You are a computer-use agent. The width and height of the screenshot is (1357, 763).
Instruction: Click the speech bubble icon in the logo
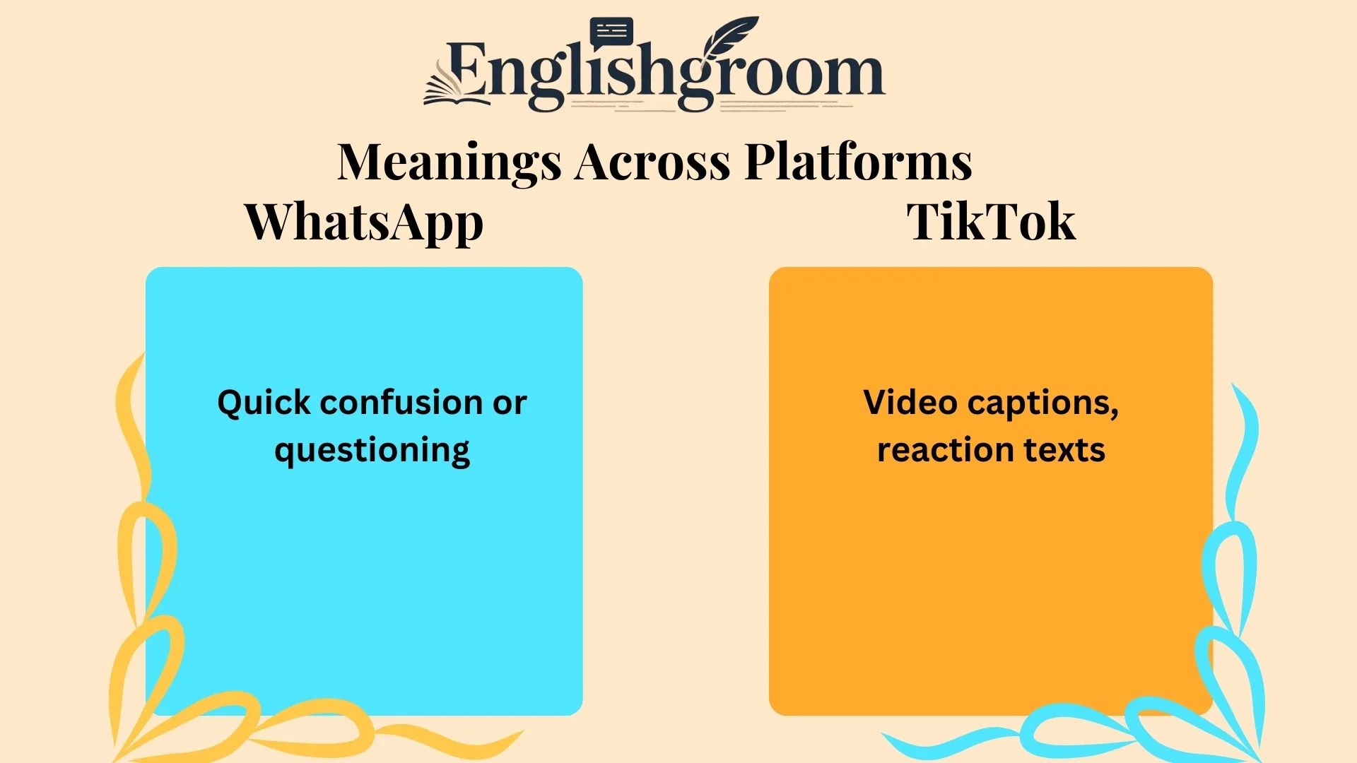click(611, 32)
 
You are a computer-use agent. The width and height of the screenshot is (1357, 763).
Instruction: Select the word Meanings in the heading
click(449, 162)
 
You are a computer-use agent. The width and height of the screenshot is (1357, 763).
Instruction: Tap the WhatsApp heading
click(364, 222)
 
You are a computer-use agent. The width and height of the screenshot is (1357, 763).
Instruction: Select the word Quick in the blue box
click(264, 403)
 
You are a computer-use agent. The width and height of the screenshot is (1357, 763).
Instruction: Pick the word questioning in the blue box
click(372, 451)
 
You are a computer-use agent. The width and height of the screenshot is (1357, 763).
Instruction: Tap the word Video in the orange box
click(910, 403)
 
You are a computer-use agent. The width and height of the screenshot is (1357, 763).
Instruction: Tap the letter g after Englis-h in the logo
click(695, 81)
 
